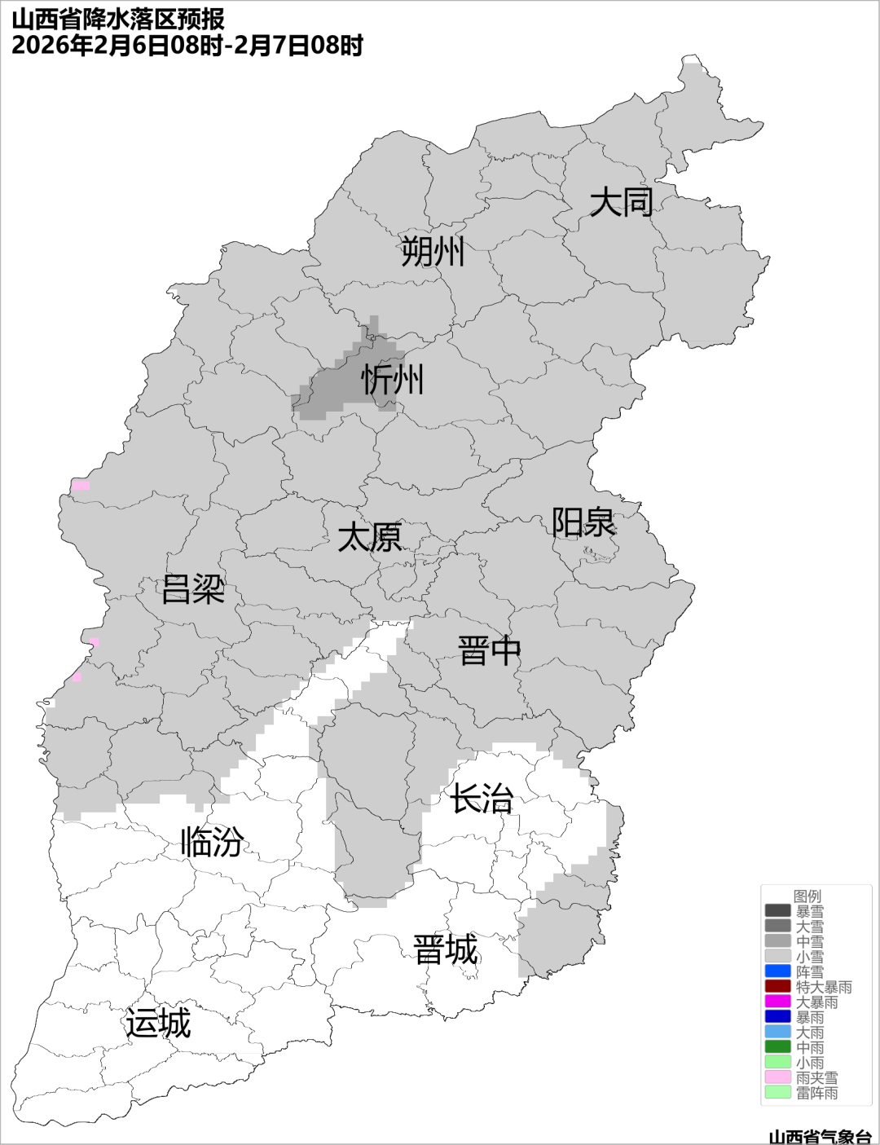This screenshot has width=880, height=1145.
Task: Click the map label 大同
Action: point(621,202)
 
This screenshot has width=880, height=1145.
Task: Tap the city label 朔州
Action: point(433,252)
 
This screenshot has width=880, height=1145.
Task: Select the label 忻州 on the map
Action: point(393,380)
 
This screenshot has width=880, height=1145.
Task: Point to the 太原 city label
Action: point(370,538)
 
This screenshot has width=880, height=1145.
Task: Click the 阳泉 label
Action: point(583,522)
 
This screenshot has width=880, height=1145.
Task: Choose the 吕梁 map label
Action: point(193,589)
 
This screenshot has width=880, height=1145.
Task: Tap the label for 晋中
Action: point(489,651)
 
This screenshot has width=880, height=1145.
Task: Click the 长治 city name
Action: point(482,799)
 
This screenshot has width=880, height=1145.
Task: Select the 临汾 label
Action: point(212,842)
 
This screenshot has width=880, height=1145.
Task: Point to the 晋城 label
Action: point(446,950)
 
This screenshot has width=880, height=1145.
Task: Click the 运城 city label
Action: point(158,1024)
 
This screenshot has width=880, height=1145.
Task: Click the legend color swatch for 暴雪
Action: point(777,911)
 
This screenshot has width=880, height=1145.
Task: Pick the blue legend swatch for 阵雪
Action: point(777,971)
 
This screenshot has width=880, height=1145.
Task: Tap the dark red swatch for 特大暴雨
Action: point(777,987)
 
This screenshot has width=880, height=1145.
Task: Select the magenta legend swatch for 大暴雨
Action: point(777,1002)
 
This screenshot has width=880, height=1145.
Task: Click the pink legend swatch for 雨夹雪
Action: point(777,1077)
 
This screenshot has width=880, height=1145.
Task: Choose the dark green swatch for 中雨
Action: point(777,1047)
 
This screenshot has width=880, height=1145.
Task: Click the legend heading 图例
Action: point(807,896)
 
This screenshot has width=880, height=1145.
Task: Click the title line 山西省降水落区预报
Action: point(118,19)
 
